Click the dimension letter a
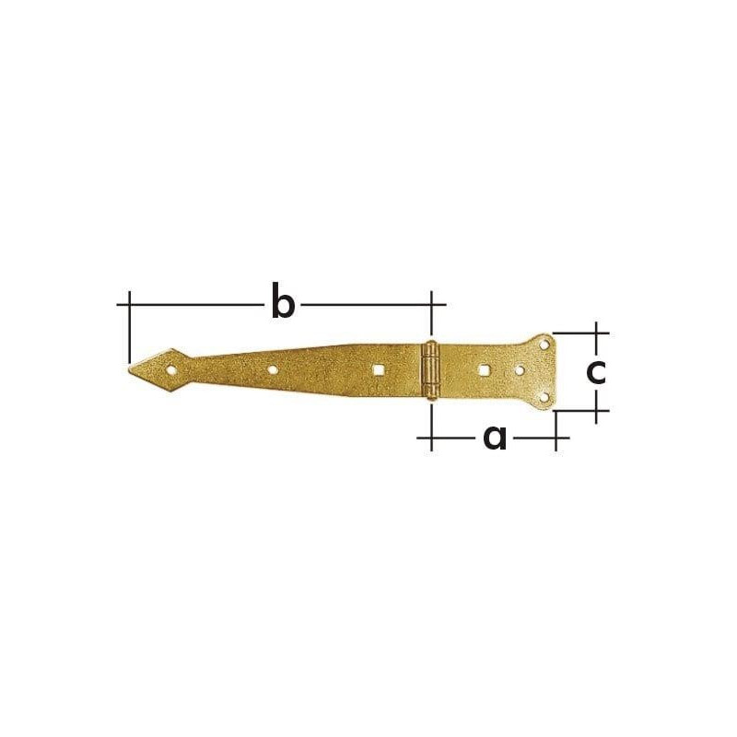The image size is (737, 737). [x=495, y=438]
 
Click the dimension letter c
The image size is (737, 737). [x=596, y=372]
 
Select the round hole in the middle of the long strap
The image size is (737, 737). [x=272, y=370]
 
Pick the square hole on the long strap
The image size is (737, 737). [x=378, y=370]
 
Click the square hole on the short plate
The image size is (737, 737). [x=483, y=370]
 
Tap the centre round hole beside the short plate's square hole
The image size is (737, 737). [x=520, y=371]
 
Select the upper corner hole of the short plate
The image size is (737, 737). [x=544, y=345]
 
